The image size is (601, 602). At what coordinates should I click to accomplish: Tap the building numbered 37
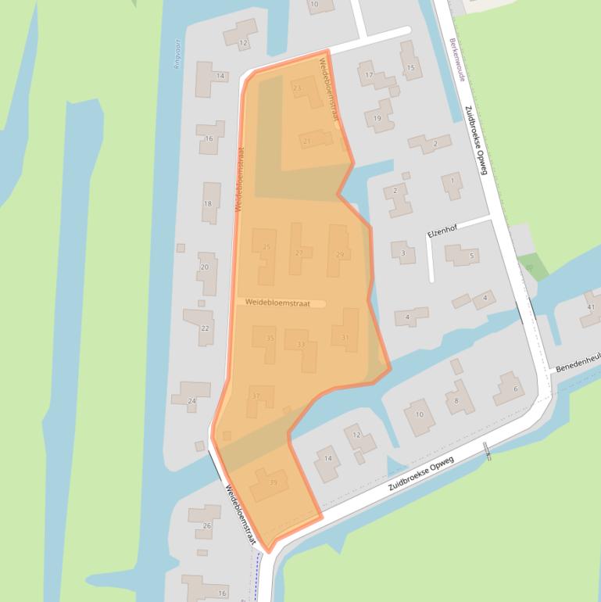pos(259,396)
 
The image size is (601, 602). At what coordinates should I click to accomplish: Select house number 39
pos(270,485)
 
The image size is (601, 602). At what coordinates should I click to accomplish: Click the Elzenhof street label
pos(442,232)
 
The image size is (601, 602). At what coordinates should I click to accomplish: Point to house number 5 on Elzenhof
pos(463,255)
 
